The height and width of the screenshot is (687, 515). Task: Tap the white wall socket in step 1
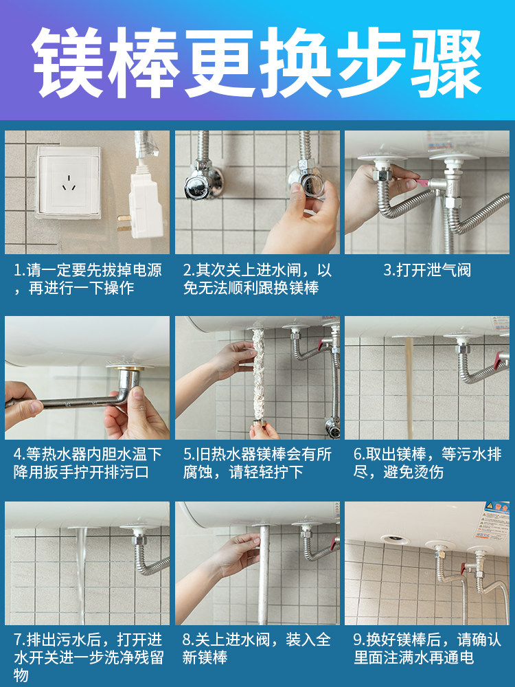coord(69,182)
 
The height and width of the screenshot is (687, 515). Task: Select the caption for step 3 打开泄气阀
coord(426,270)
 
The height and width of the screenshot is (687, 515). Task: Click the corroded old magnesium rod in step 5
coord(260,374)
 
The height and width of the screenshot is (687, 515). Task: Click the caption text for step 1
coord(87,279)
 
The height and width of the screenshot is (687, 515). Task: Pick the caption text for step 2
coord(257,279)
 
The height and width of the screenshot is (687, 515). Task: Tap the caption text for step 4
coord(87,463)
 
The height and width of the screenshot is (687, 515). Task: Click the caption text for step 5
coord(257,463)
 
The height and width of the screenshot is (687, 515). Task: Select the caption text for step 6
coord(426,463)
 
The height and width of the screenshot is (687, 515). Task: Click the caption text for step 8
coord(257,649)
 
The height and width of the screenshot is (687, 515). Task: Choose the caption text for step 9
coord(426,649)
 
